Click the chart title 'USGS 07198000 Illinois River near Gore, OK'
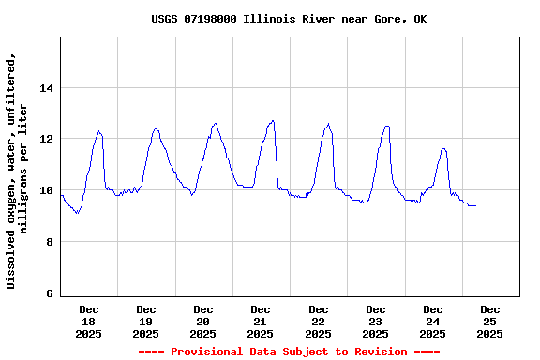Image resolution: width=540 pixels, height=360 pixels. point(289,19)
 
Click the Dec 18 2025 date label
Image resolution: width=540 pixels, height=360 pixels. point(89,321)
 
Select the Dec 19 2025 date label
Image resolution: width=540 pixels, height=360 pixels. point(146,321)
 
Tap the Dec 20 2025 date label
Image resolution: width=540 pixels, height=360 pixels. point(203,321)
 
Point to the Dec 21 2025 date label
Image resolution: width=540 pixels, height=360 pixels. point(261,321)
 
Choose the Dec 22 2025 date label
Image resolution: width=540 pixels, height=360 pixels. point(319,321)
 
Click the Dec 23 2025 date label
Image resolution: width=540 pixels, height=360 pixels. point(376,321)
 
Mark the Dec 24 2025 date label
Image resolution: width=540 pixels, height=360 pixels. point(433,321)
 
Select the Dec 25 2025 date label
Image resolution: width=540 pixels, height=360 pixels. point(490,321)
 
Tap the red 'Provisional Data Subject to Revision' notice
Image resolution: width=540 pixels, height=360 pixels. point(289,352)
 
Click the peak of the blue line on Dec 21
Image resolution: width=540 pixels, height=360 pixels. point(273,120)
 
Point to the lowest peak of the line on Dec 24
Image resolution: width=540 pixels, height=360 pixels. point(443,148)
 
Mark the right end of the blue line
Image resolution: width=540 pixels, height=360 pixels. point(476,205)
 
